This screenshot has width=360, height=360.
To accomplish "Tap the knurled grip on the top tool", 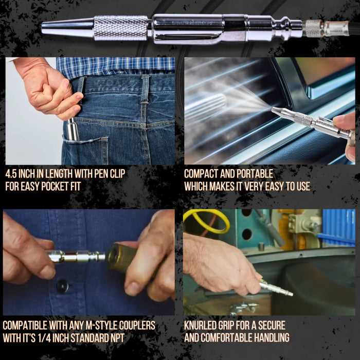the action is click(x=121, y=28).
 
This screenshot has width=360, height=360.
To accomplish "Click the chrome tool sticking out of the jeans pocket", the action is click(x=73, y=129).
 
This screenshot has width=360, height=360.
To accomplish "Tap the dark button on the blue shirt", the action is click(x=62, y=286).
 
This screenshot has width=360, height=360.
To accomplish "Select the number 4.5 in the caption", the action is click(x=11, y=174).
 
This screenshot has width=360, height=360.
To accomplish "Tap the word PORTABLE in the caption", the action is click(x=255, y=174).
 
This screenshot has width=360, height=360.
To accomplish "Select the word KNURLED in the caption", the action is click(x=201, y=326).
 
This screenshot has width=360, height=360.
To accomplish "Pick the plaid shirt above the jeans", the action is click(x=115, y=66).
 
